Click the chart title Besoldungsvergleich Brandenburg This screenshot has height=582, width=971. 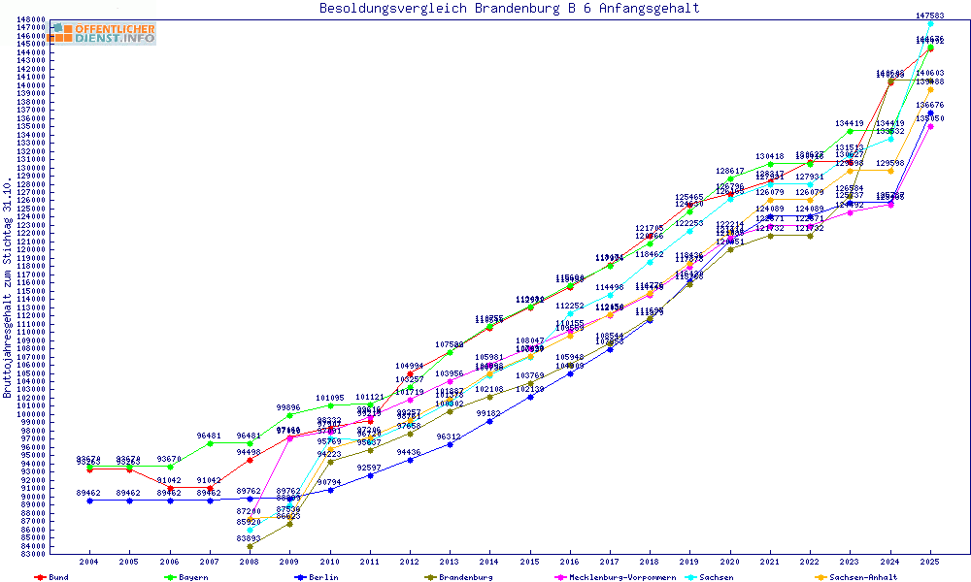pos(509,9)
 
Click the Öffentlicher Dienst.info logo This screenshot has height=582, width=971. pos(104,33)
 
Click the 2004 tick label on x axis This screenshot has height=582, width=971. pos(89,562)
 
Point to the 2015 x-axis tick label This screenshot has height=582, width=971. pos(529,562)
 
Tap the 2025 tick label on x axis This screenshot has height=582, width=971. pos(930,562)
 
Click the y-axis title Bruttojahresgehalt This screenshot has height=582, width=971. pos(9,288)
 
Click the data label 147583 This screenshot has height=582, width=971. pos(930,16)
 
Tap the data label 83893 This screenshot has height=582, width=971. pos(251,538)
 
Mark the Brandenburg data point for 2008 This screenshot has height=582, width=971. pos(251,547)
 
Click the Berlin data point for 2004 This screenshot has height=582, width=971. pos(90,501)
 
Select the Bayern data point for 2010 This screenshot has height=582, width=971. pos(330,405)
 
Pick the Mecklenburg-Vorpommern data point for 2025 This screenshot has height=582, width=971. pos(930,126)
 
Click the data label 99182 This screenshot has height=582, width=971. pos(489,413)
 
